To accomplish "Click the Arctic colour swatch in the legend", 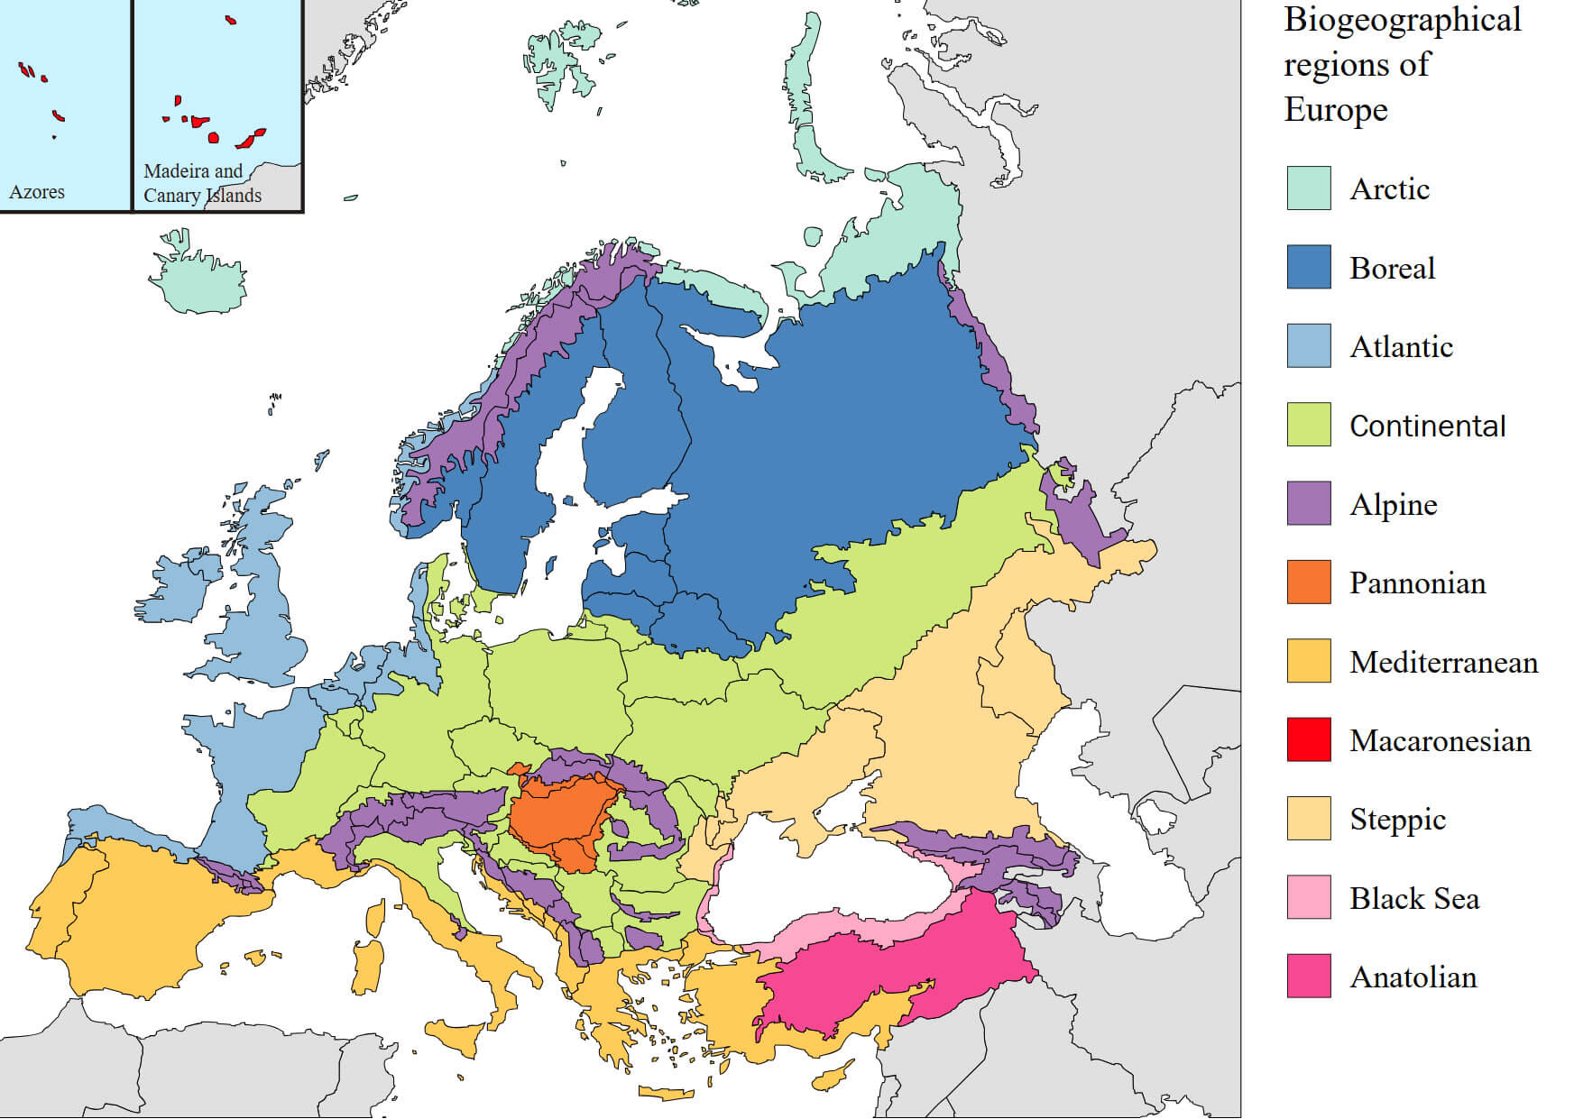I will tap(1308, 188).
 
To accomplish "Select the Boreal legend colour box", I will tap(1308, 267).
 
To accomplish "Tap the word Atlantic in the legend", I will tap(1401, 346).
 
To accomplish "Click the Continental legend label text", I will tap(1427, 426).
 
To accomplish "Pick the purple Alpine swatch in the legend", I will tap(1308, 503).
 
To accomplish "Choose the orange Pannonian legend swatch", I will tap(1308, 582).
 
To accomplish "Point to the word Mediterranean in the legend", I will tap(1443, 662).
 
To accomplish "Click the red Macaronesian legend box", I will tap(1308, 739).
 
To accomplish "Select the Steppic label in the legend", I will tap(1397, 819).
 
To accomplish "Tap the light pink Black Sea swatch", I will tap(1308, 897).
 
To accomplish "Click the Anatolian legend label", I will tap(1413, 977).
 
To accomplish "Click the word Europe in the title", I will tap(1336, 110).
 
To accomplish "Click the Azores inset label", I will tap(37, 192).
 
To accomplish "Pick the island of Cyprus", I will tap(832, 1075).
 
